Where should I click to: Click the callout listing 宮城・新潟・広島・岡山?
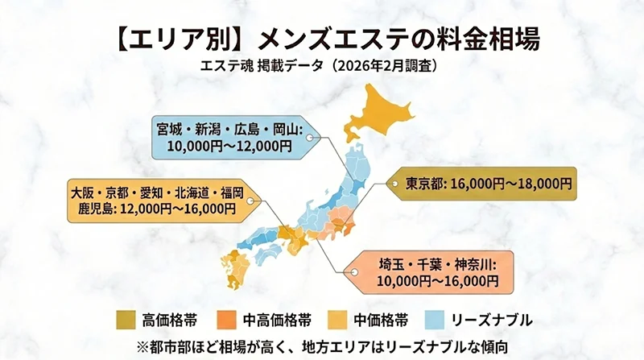point(230,136)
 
